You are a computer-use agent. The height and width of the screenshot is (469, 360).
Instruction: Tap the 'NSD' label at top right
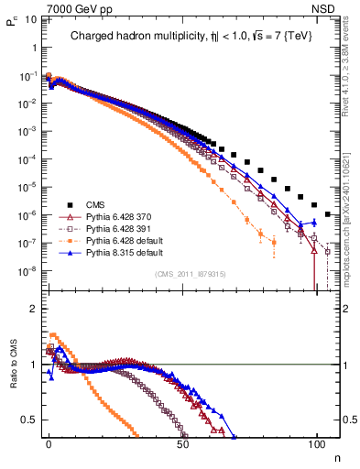tap(328, 8)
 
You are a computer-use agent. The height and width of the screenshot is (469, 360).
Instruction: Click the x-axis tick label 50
tap(182, 442)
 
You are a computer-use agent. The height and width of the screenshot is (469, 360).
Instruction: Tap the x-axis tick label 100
tap(316, 442)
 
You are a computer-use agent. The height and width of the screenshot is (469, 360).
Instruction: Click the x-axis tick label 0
tap(49, 442)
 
